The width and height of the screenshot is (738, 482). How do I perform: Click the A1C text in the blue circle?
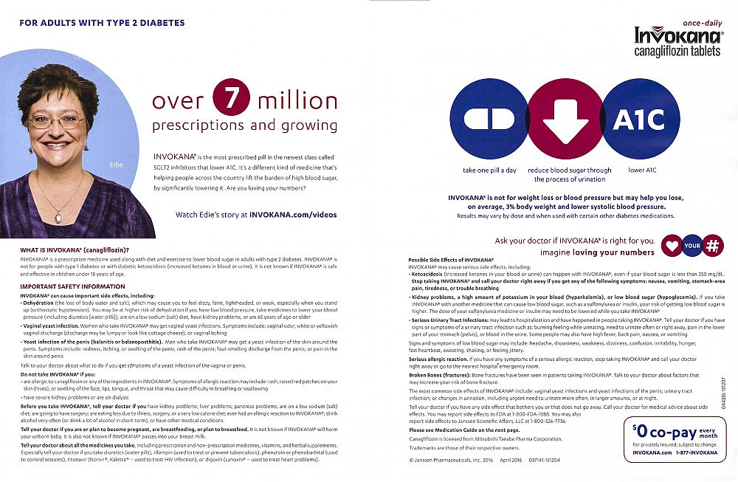coord(638,120)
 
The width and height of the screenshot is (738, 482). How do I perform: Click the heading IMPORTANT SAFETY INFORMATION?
coord(72,286)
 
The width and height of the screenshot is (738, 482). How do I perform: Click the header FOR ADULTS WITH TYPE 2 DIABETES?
coord(102,23)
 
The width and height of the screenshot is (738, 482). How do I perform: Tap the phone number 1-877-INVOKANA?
coord(697,452)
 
